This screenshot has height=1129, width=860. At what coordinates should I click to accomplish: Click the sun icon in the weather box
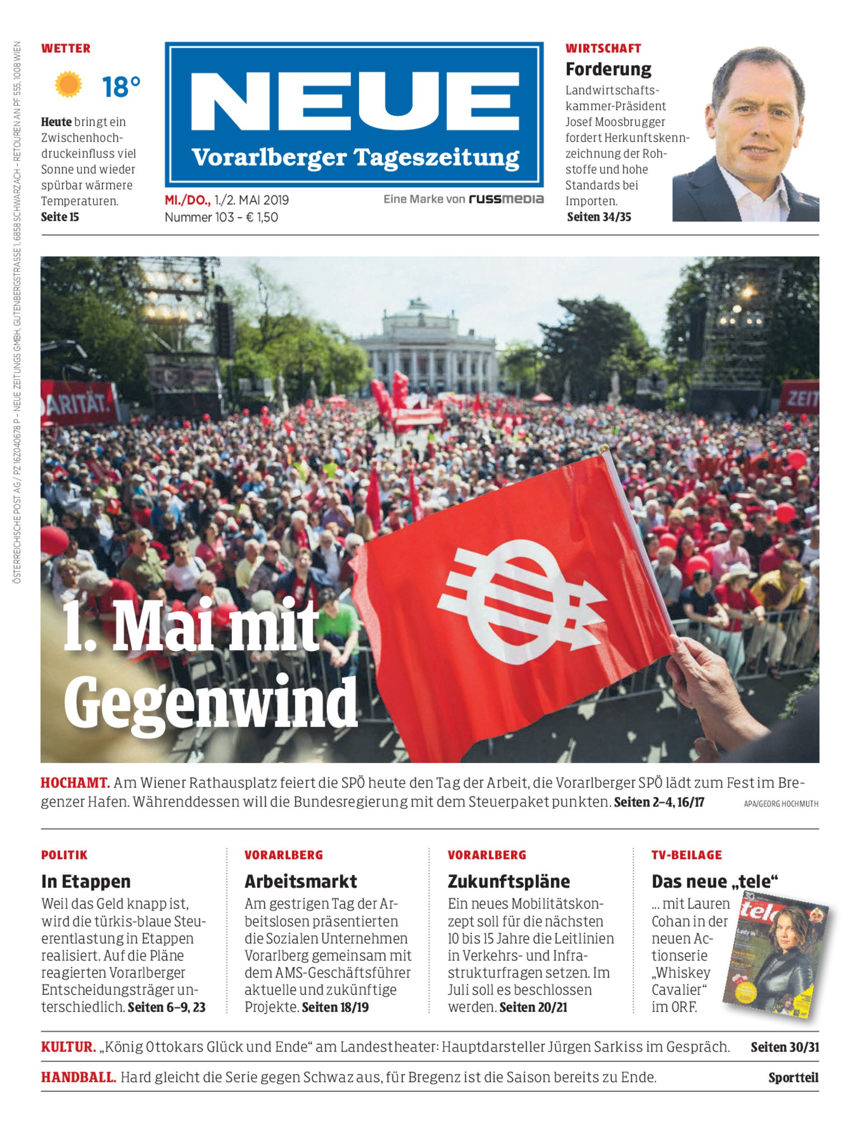68,84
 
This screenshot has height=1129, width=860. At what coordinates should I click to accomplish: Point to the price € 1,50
262,217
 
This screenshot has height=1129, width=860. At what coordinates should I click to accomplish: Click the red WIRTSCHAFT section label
603,49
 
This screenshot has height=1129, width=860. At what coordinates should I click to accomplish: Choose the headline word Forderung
608,69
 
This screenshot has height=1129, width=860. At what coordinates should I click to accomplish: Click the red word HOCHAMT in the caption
75,783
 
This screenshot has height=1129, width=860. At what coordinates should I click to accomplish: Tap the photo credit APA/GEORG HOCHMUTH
781,803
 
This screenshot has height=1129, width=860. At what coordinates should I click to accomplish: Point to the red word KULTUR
68,1047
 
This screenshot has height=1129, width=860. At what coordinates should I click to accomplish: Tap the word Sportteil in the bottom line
793,1078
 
